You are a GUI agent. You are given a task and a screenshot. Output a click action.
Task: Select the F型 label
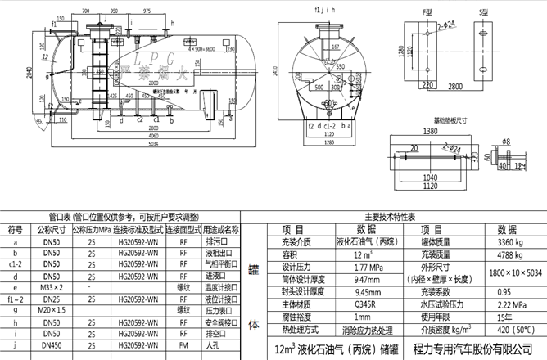[x=424, y=12]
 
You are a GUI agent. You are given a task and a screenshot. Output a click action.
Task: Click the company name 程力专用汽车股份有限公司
[x=482, y=349]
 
